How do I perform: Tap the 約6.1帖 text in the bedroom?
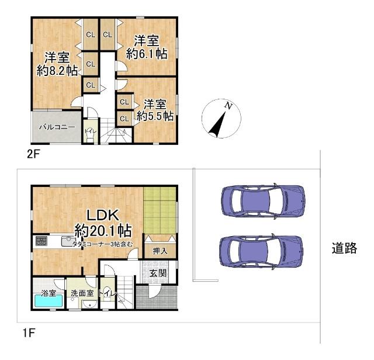click(x=148, y=54)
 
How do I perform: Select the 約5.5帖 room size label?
click(x=155, y=116)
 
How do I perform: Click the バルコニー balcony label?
click(x=57, y=126)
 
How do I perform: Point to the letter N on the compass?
click(x=229, y=107)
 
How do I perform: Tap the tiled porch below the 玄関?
click(x=156, y=297)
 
